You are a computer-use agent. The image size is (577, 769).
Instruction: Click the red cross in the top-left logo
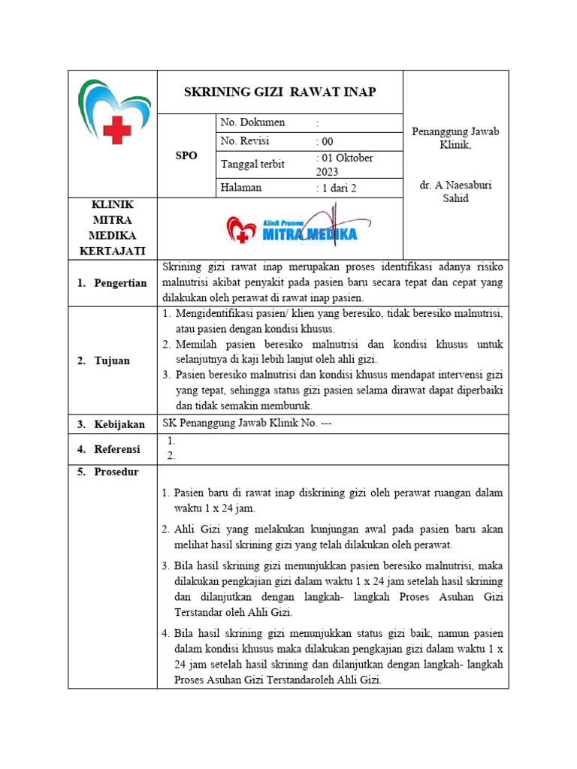pyautogui.click(x=116, y=130)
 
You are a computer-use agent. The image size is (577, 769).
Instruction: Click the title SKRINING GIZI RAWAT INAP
pyautogui.click(x=280, y=92)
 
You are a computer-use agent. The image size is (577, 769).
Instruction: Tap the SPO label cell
pyautogui.click(x=186, y=155)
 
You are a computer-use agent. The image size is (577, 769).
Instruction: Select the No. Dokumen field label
pyautogui.click(x=252, y=122)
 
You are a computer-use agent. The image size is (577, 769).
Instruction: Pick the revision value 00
pyautogui.click(x=326, y=141)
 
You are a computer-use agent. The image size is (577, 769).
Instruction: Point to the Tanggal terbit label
pyautogui.click(x=252, y=164)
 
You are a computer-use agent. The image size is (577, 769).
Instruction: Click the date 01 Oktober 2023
pyautogui.click(x=346, y=164)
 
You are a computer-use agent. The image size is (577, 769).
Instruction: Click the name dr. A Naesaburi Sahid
pyautogui.click(x=455, y=191)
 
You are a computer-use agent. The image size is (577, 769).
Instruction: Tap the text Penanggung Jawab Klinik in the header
pyautogui.click(x=455, y=137)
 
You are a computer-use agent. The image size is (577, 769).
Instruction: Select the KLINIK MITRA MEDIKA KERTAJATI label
pyautogui.click(x=112, y=228)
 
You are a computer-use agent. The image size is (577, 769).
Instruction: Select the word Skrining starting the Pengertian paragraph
pyautogui.click(x=181, y=267)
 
